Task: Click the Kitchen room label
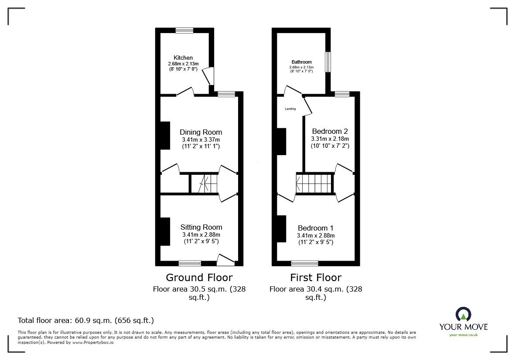click(183, 58)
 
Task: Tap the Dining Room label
click(201, 132)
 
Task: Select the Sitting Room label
click(201, 227)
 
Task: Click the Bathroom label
click(301, 62)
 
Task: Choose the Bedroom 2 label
click(330, 131)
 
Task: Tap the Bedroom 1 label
click(315, 228)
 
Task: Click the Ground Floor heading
click(199, 278)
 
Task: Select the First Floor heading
click(316, 278)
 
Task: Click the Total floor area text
click(85, 320)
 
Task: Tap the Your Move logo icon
click(463, 314)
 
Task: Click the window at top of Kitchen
click(184, 31)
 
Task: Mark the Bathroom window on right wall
click(327, 62)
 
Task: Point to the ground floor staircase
click(204, 183)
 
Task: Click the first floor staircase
click(314, 183)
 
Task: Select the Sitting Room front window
click(190, 263)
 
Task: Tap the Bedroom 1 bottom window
click(304, 263)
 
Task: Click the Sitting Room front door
click(226, 260)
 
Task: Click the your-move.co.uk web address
click(463, 335)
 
